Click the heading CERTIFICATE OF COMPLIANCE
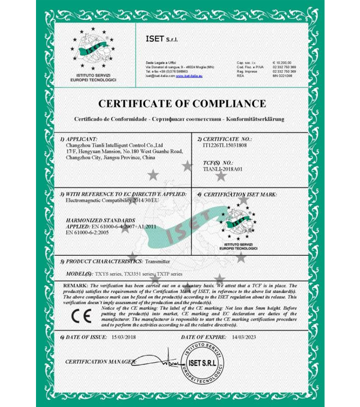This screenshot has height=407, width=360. pyautogui.click(x=182, y=104)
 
